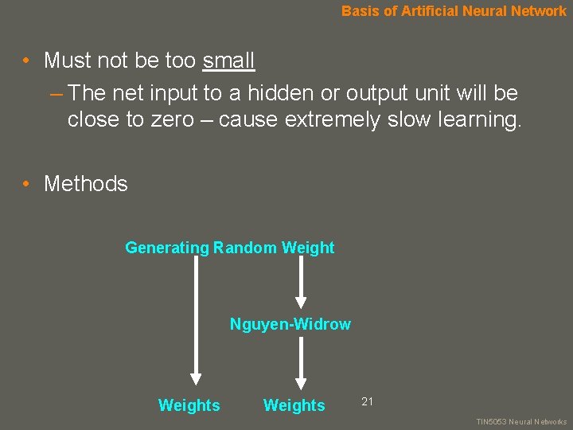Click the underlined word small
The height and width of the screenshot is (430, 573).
[x=228, y=61]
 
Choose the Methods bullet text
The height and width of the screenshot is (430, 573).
[x=85, y=184]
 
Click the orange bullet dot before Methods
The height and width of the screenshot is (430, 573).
[x=26, y=184]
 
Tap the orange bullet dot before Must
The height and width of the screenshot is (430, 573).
[x=26, y=61]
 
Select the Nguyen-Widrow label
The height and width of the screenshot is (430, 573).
[x=290, y=324]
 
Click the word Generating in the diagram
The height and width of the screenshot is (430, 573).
[x=166, y=248]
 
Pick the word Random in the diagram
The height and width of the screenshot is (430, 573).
[x=245, y=248]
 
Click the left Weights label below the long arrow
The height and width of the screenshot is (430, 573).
[x=189, y=405]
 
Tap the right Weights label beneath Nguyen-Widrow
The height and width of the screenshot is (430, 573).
[x=294, y=405]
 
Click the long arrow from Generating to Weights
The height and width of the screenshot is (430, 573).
[x=196, y=319]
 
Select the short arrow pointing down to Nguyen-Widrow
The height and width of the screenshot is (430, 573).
[x=300, y=283]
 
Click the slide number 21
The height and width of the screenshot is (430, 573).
[x=367, y=401]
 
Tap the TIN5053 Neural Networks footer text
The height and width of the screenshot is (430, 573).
[x=520, y=422]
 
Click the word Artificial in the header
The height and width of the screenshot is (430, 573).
[x=434, y=11]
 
